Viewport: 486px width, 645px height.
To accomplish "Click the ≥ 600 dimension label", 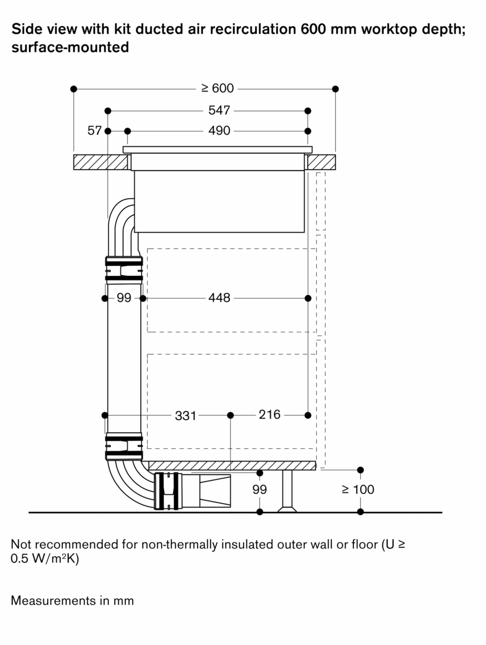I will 217,88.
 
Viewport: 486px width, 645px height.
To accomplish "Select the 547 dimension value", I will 219,110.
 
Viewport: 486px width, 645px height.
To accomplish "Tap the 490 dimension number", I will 219,131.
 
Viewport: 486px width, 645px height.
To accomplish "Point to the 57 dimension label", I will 95,131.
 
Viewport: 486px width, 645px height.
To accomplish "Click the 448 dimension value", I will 219,298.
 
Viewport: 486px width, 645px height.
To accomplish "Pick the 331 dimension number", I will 186,415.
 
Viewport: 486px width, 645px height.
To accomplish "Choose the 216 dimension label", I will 270,415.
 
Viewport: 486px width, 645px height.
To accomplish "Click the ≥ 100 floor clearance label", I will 358,490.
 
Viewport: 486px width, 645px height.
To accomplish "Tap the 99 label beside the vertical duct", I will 124,298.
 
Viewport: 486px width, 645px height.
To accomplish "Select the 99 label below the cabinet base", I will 259,490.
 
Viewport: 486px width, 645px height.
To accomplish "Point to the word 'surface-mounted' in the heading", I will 70,47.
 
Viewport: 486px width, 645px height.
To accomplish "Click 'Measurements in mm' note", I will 72,600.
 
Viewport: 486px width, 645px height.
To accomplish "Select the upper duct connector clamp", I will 124,269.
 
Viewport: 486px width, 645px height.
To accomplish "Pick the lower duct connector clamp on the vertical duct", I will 124,446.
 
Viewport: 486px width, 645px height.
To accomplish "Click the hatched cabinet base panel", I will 231,465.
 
